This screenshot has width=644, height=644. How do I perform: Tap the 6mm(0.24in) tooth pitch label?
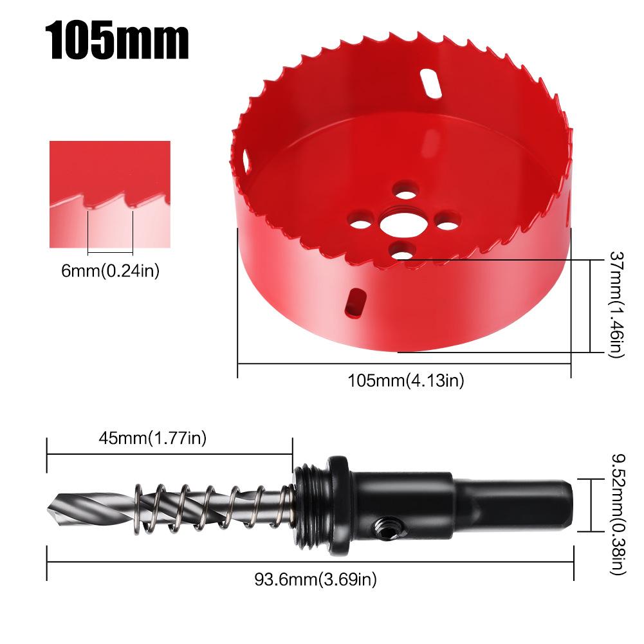(110, 271)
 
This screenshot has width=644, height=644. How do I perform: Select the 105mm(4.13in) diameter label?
(405, 380)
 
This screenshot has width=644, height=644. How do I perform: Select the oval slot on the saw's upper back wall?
(430, 83)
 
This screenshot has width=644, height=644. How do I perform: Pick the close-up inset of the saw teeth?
(110, 194)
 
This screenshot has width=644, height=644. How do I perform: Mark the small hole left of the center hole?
(362, 226)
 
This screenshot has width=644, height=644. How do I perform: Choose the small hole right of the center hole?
(444, 222)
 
